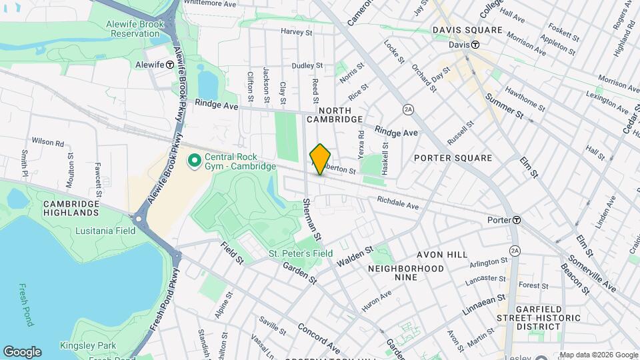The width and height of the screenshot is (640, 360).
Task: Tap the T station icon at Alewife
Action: pos(170,65)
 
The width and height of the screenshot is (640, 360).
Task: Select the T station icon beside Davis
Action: pos(476,45)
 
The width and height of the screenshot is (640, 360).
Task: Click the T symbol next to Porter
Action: pos(516,220)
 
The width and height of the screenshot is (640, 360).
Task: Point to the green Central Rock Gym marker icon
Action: pos(195,161)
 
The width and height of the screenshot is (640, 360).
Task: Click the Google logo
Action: pos(22,352)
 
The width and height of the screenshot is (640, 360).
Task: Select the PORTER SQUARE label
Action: pos(453,158)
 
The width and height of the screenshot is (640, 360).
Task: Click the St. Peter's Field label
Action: pos(301,254)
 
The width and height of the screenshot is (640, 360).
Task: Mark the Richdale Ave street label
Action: pos(397,203)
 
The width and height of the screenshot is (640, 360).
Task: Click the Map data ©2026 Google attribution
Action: pos(598,355)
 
